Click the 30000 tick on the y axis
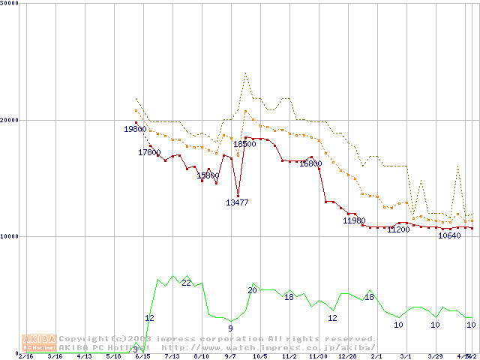click(9, 3)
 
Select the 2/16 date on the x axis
click(25, 356)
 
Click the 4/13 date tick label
click(84, 356)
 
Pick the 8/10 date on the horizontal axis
click(201, 356)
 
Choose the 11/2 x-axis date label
click(289, 356)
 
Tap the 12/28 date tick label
click(347, 356)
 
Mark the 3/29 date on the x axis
click(435, 356)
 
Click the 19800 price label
click(135, 129)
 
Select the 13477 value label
click(238, 202)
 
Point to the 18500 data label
click(244, 144)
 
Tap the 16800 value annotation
click(310, 163)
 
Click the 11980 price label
click(354, 220)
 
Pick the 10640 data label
click(449, 235)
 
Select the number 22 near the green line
click(186, 283)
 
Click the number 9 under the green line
click(230, 328)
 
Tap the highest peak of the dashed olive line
click(245, 73)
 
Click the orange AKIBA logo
click(40, 343)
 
